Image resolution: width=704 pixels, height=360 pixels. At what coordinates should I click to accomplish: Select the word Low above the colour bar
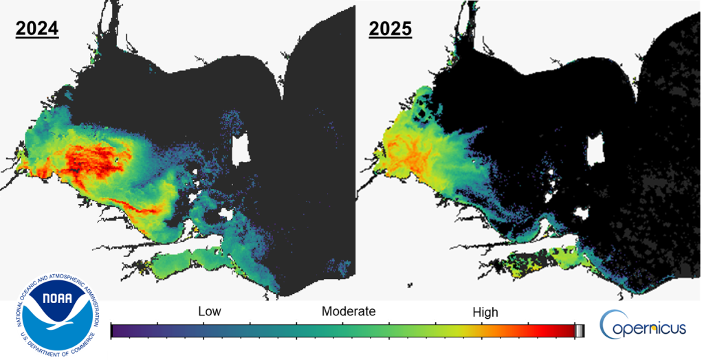pos(210,312)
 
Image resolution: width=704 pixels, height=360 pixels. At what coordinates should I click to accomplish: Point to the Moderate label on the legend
pos(349,312)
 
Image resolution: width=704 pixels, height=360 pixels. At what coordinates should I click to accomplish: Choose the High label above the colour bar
pos(485,313)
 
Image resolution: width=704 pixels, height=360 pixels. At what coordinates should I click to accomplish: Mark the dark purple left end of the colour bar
pos(117,331)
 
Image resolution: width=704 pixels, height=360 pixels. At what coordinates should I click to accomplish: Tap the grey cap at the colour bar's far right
pos(579,331)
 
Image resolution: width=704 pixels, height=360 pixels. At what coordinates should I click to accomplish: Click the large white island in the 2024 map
pos(240,148)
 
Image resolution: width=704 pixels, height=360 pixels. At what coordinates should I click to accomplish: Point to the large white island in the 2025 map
pos(595,149)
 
